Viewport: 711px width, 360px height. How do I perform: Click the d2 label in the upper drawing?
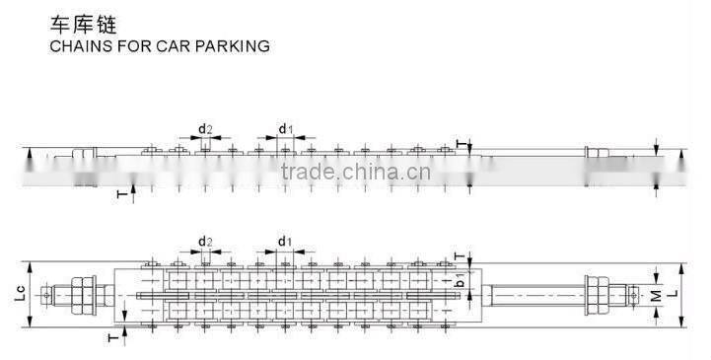(x=205, y=128)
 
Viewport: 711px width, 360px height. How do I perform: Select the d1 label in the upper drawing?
(x=284, y=128)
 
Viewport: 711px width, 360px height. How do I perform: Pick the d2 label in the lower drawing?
(x=205, y=242)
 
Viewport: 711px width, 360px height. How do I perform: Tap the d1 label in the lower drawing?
(x=284, y=242)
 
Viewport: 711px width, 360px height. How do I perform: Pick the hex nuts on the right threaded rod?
(x=595, y=292)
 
